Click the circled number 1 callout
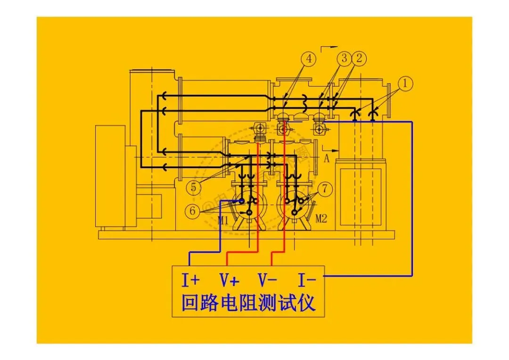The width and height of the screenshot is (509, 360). point(404,84)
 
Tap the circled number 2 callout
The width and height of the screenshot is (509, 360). point(359,59)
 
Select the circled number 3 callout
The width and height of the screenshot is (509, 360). point(345,59)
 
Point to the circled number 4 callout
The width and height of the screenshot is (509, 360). point(309,59)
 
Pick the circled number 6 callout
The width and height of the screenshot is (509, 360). point(193,212)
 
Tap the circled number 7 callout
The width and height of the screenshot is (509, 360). point(325,189)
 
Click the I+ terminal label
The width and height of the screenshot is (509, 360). point(191,281)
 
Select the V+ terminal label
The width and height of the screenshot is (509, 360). point(230,281)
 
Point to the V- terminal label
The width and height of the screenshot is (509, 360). point(267,281)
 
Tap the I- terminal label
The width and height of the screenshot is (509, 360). point(307,281)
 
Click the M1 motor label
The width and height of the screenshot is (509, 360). point(223,220)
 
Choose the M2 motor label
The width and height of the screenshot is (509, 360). point(321,219)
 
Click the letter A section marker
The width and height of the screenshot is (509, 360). point(326,158)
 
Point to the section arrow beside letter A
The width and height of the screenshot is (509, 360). point(334,150)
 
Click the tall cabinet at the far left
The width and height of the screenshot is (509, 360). point(110,177)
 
